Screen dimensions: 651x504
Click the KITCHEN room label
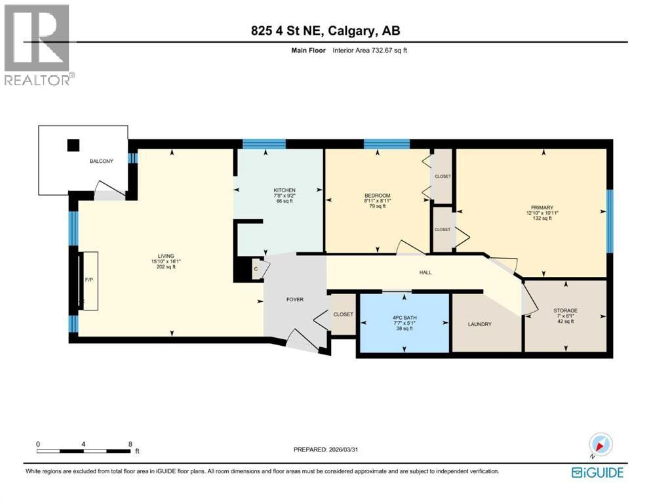click(x=285, y=190)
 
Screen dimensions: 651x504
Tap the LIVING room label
click(x=166, y=256)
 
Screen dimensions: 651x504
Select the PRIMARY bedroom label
click(x=542, y=207)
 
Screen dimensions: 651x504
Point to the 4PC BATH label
click(x=404, y=318)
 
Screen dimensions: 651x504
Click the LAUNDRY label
click(x=479, y=324)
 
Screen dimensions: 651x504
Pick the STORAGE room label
click(x=565, y=310)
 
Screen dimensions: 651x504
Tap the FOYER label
click(x=295, y=299)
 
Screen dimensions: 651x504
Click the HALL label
click(x=425, y=272)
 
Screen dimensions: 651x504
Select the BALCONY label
click(x=102, y=161)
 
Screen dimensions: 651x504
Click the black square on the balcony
click(x=73, y=145)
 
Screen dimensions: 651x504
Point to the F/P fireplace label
click(x=89, y=280)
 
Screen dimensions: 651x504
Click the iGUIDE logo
click(x=597, y=472)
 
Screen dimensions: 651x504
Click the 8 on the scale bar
click(x=130, y=444)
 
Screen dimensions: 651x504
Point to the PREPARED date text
click(x=325, y=449)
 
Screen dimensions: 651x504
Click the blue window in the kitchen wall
click(x=264, y=144)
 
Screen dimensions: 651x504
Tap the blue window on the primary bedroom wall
click(x=610, y=221)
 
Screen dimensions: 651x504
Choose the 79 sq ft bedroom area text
click(x=378, y=206)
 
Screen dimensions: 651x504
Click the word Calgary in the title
click(x=350, y=31)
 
